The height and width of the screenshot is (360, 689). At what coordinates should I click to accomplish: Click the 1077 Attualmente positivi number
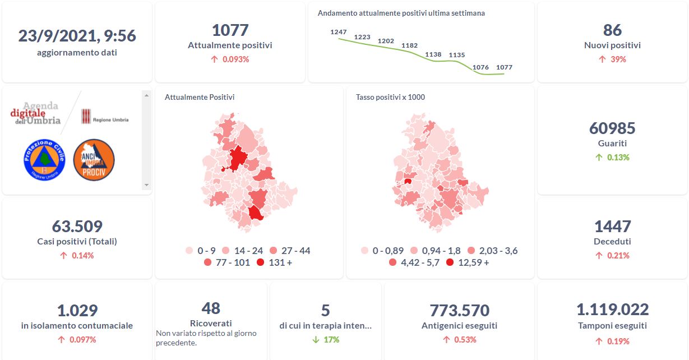(x=230, y=30)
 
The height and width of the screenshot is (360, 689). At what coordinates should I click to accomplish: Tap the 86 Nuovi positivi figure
(x=612, y=30)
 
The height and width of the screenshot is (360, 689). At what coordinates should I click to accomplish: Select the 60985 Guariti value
(x=612, y=128)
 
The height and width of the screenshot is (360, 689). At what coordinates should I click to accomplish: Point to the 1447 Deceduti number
(x=612, y=227)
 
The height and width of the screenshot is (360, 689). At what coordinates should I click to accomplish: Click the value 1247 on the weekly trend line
(x=339, y=32)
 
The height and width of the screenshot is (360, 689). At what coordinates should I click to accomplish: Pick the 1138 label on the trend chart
(x=433, y=54)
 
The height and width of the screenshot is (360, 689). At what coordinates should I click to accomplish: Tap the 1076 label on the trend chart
(x=480, y=67)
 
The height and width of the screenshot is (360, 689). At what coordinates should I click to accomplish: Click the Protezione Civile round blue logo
(x=45, y=160)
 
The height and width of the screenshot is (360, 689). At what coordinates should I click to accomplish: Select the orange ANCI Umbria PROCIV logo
(x=94, y=160)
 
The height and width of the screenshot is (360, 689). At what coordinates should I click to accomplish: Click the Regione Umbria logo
(x=105, y=117)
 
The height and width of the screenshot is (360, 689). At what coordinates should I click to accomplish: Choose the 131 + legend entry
(x=275, y=262)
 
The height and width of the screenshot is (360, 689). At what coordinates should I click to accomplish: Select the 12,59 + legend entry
(x=468, y=262)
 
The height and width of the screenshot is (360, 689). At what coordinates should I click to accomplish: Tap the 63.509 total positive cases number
(x=77, y=227)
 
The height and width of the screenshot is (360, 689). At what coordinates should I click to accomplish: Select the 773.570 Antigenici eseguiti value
(x=459, y=310)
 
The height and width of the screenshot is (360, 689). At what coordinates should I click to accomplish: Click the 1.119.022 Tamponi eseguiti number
(x=612, y=310)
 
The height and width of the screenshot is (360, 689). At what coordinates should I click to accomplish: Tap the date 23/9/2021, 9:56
(x=77, y=36)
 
